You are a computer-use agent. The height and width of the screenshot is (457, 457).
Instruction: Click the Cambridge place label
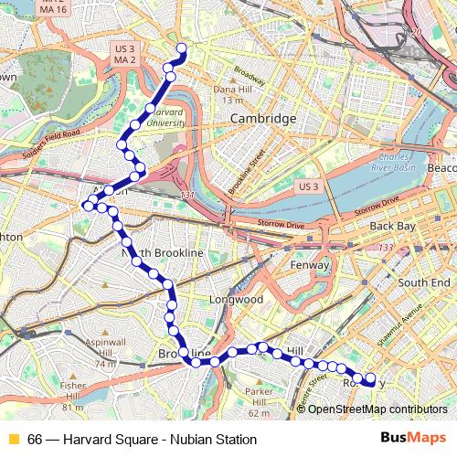262,119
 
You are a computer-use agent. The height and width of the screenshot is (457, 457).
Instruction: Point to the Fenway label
310,265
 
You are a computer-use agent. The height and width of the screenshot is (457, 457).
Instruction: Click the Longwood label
235,299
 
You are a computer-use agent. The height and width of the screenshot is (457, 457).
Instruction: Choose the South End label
423,282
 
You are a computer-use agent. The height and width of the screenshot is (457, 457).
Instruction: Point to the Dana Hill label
235,94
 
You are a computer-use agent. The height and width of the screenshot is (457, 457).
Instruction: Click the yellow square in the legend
13,440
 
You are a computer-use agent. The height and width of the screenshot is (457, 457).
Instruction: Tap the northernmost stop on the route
181,48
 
